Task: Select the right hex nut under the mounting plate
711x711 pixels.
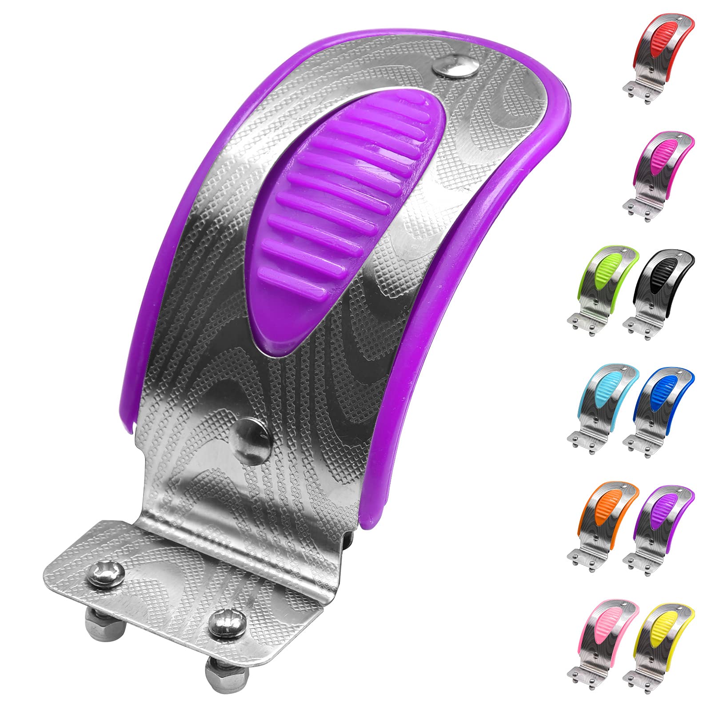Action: [216, 671]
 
